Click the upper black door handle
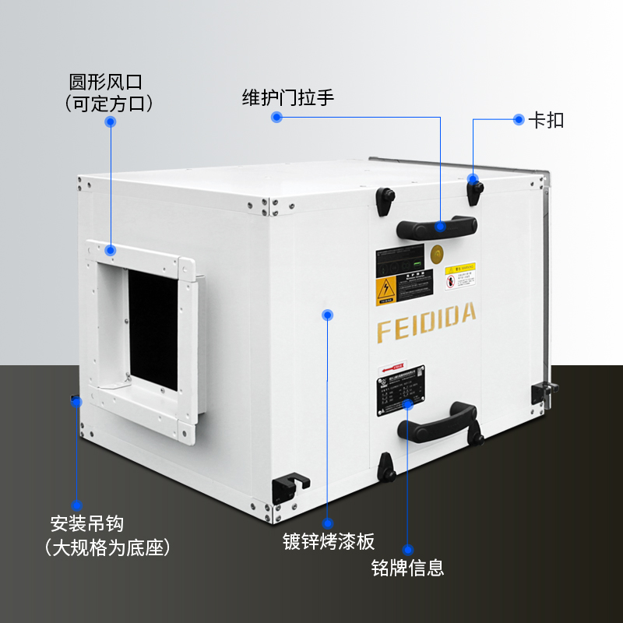click(436, 227)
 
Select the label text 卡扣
click(546, 120)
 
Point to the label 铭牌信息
click(407, 567)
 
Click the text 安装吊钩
click(86, 523)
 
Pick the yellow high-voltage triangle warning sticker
click(385, 290)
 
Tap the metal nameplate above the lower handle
click(401, 389)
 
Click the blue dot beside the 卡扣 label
click(519, 119)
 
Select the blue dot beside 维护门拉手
click(276, 117)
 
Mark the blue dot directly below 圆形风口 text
click(111, 121)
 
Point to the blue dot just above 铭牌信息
click(407, 549)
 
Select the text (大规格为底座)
click(107, 547)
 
